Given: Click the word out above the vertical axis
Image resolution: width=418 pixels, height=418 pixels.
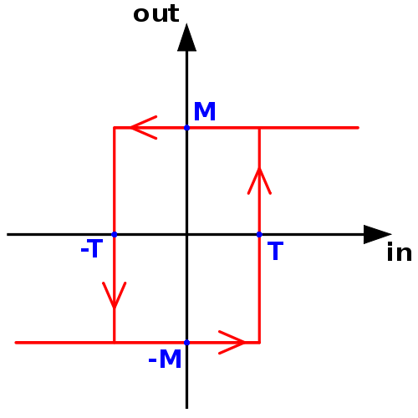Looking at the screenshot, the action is coord(156,14).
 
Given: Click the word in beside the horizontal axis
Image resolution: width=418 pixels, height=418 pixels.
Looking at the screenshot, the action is coord(400,252).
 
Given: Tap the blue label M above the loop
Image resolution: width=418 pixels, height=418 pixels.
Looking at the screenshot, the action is coord(205,111).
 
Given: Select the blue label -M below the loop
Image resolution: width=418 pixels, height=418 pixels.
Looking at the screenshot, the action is coord(165,359).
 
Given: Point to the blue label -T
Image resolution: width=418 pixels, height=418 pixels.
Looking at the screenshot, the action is coord(92,248).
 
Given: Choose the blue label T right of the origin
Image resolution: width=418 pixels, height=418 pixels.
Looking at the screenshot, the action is coord(275,251).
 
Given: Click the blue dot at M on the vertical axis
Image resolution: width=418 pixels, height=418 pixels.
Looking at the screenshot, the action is coord(186,128).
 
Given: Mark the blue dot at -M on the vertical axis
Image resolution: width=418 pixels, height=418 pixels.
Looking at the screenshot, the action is coord(186,343).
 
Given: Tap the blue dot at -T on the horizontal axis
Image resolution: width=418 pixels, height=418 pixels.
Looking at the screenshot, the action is coord(115,234).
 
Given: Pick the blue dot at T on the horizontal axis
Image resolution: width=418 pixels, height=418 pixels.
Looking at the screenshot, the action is coord(259,234).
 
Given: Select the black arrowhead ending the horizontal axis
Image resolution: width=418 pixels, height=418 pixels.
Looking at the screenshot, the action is coord(377,234).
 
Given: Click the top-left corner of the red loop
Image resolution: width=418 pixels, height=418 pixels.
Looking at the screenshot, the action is coord(115,128).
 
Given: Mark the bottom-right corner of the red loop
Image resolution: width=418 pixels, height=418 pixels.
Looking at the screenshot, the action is coord(259,343).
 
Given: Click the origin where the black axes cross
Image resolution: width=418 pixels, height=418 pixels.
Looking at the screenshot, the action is coord(186,234).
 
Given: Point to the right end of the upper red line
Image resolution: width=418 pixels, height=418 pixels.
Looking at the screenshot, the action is coord(358,128).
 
